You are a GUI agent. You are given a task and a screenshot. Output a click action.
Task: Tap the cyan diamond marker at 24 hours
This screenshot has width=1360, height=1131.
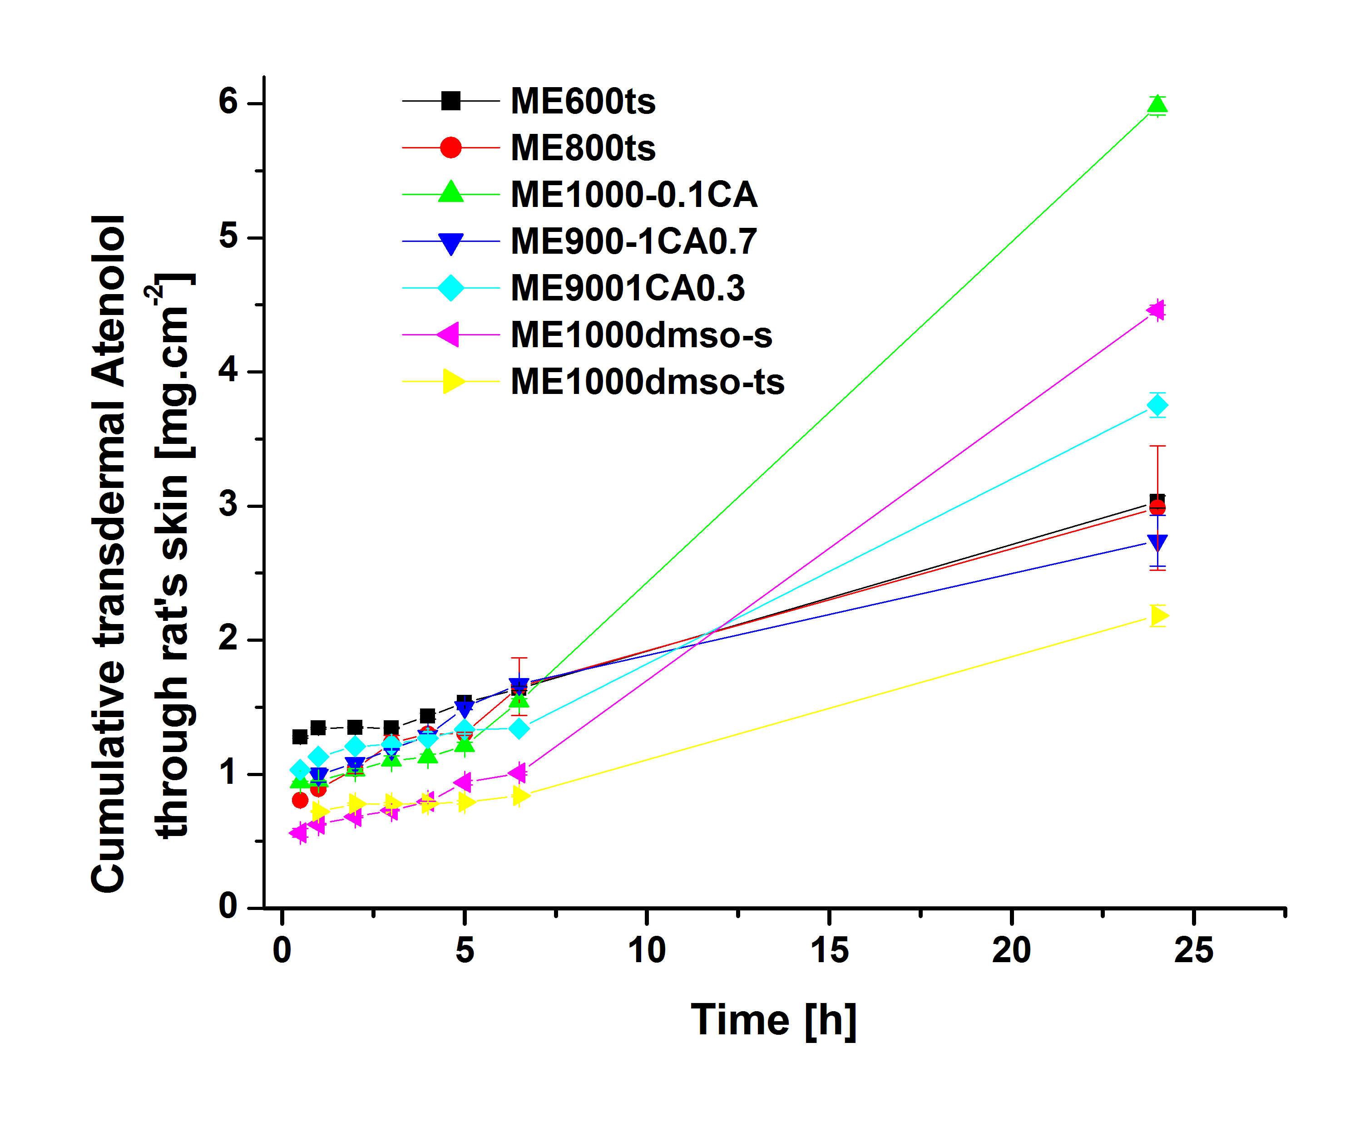coord(1157,405)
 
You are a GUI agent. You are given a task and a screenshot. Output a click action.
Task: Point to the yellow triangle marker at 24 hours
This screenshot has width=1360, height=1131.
coord(1158,616)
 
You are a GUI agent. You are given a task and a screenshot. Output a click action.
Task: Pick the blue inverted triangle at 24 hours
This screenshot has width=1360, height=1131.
coord(1157,542)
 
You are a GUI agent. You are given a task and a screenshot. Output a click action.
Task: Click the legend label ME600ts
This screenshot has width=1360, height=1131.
coord(583,102)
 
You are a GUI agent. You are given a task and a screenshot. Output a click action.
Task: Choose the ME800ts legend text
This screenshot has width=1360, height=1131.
coord(583,148)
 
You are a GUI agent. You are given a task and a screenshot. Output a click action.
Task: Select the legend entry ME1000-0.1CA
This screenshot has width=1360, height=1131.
coord(634,195)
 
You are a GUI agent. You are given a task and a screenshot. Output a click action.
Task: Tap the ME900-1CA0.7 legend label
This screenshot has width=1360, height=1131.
coord(633,241)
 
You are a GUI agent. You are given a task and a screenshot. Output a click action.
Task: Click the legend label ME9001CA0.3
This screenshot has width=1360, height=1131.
coord(628,288)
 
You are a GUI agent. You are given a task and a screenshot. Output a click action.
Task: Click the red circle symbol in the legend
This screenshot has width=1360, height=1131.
coord(451,148)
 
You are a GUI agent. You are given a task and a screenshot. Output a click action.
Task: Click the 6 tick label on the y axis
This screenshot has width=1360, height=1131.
coord(228,102)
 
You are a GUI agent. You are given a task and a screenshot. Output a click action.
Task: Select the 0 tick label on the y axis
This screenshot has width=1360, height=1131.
coord(228,906)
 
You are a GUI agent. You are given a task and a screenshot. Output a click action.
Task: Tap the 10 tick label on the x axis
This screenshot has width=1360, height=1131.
coord(646,950)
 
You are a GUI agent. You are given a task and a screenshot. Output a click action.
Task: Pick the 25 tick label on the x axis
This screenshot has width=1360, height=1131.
coord(1193,950)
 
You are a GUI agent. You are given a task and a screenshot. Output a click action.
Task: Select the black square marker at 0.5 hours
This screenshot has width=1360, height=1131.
coord(300,737)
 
